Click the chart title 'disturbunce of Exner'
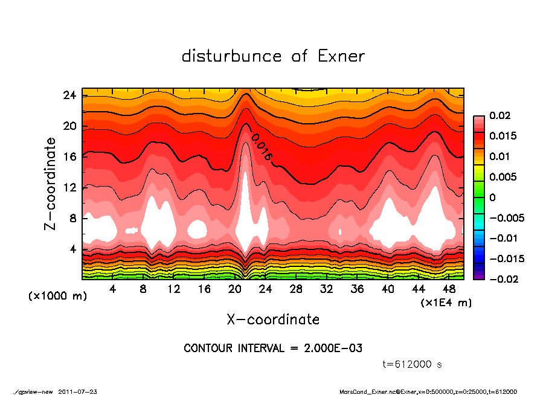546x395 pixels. coord(273,57)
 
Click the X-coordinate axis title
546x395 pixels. coord(273,319)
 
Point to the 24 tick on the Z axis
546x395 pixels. coord(69,95)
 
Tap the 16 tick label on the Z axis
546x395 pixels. coord(69,157)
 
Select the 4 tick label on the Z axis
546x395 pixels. coord(72,249)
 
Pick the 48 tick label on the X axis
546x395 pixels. coord(449,289)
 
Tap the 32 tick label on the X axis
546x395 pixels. coord(327,289)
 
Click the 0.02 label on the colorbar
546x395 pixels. coord(499,115)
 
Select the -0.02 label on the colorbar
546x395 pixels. coord(503,279)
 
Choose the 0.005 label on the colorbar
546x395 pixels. coord(503,177)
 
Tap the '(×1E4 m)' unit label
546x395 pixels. coord(446,302)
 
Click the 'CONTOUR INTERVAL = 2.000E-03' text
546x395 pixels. coord(273,348)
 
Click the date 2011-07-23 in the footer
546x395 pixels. coord(78,392)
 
